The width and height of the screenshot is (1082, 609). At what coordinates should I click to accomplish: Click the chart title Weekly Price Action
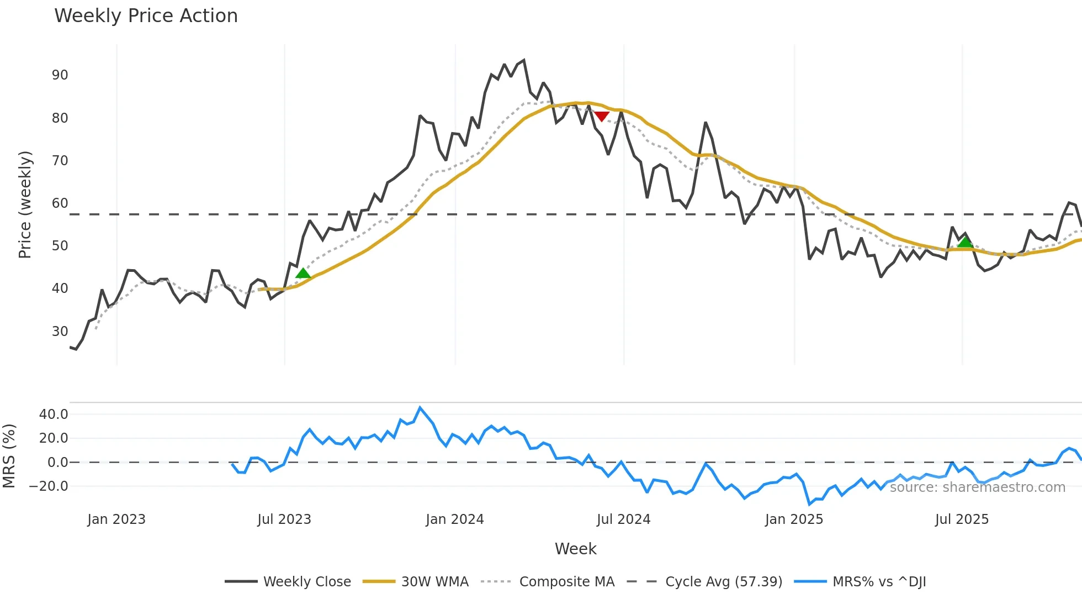coord(146,16)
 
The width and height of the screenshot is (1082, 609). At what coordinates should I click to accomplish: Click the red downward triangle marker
coord(602,116)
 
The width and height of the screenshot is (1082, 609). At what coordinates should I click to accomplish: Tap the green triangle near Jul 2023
coord(303,273)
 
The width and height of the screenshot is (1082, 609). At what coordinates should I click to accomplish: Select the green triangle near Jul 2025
coord(964,242)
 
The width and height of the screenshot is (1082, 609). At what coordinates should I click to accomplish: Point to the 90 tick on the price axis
coord(60,75)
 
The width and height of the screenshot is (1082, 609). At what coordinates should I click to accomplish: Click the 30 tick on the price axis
coord(60,332)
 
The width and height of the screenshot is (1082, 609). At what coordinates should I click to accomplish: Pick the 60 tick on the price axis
coord(60,203)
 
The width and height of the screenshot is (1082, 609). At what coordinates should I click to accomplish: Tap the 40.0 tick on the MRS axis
coord(54,414)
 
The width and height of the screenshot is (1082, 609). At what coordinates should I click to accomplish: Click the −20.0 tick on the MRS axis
coord(49,486)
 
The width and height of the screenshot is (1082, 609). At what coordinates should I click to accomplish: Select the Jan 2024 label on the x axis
coord(454,519)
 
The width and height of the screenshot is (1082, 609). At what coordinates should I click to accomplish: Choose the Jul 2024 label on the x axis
coord(623,519)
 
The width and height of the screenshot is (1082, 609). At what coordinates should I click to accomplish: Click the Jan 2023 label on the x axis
coord(116,519)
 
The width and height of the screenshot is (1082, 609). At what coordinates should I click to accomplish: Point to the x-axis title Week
coord(575,549)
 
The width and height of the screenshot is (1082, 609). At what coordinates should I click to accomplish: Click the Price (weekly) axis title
coord(25,204)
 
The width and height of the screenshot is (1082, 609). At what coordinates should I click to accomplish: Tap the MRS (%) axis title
coord(9,456)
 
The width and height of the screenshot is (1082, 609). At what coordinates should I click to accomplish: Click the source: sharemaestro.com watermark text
coord(977,487)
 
